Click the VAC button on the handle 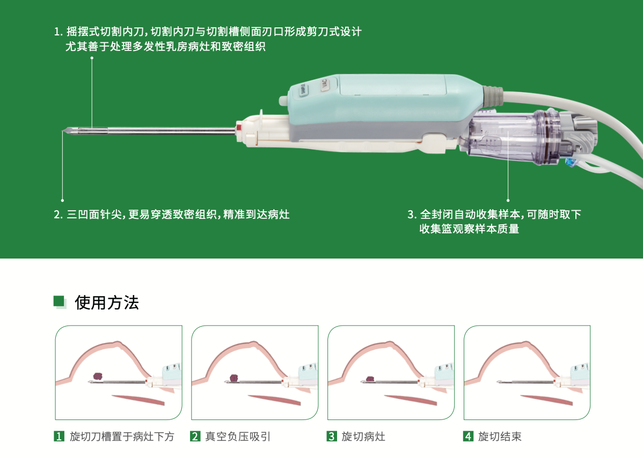pyautogui.click(x=325, y=84)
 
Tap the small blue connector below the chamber pyautogui.click(x=569, y=163)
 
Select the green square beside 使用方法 pyautogui.click(x=59, y=301)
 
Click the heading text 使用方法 pyautogui.click(x=107, y=303)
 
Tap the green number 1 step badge pyautogui.click(x=59, y=437)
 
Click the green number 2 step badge pyautogui.click(x=195, y=437)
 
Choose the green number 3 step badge pyautogui.click(x=331, y=437)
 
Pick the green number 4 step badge pyautogui.click(x=468, y=437)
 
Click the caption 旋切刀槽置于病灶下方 pyautogui.click(x=122, y=437)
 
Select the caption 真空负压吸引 pyautogui.click(x=238, y=437)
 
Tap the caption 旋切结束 pyautogui.click(x=500, y=437)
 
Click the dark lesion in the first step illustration pyautogui.click(x=98, y=376)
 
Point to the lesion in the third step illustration pyautogui.click(x=370, y=379)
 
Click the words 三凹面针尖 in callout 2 pyautogui.click(x=94, y=215)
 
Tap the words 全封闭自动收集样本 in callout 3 pyautogui.click(x=470, y=215)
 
